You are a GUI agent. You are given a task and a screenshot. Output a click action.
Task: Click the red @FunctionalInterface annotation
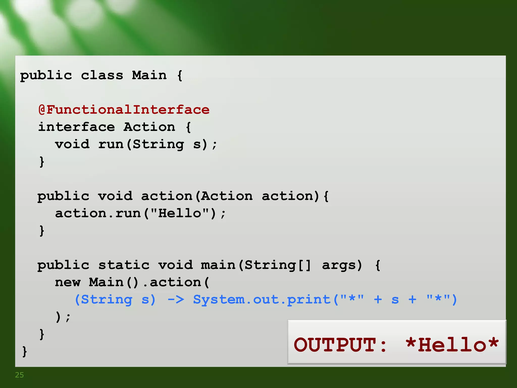[124, 110]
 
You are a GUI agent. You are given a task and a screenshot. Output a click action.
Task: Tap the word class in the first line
[102, 76]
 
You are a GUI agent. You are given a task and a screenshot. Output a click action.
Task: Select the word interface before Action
[76, 127]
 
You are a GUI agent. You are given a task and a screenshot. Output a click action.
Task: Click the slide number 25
[19, 375]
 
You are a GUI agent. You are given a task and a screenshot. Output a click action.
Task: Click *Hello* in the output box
[452, 345]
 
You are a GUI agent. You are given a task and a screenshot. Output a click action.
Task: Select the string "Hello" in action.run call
[179, 213]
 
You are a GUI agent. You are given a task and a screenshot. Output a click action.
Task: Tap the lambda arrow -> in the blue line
[176, 300]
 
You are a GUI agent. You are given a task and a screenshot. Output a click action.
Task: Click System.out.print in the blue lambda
[262, 300]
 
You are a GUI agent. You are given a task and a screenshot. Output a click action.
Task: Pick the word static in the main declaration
[124, 265]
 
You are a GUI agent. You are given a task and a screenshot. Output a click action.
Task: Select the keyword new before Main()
[68, 282]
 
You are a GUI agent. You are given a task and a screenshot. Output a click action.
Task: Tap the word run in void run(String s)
[111, 144]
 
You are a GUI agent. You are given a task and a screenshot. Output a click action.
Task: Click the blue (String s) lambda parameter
[115, 300]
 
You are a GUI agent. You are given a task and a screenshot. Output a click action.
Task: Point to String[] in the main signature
[278, 265]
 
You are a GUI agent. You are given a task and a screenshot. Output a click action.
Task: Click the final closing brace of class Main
[24, 352]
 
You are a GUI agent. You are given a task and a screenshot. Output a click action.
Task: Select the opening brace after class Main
[180, 76]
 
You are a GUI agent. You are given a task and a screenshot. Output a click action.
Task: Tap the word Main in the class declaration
[149, 76]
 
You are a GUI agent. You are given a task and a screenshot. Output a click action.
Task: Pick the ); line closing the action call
[63, 317]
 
